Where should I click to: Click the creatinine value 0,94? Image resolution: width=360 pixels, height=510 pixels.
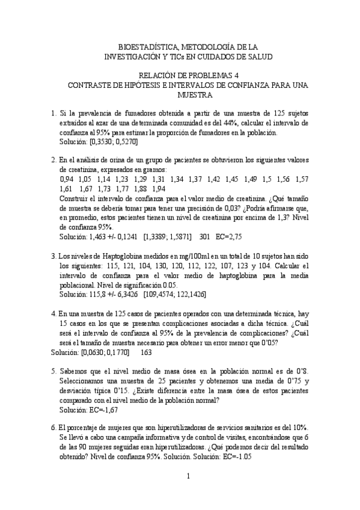point(68,179)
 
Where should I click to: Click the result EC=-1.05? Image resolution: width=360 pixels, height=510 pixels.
point(233,456)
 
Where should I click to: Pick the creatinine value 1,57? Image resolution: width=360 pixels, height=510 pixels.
point(302,179)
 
